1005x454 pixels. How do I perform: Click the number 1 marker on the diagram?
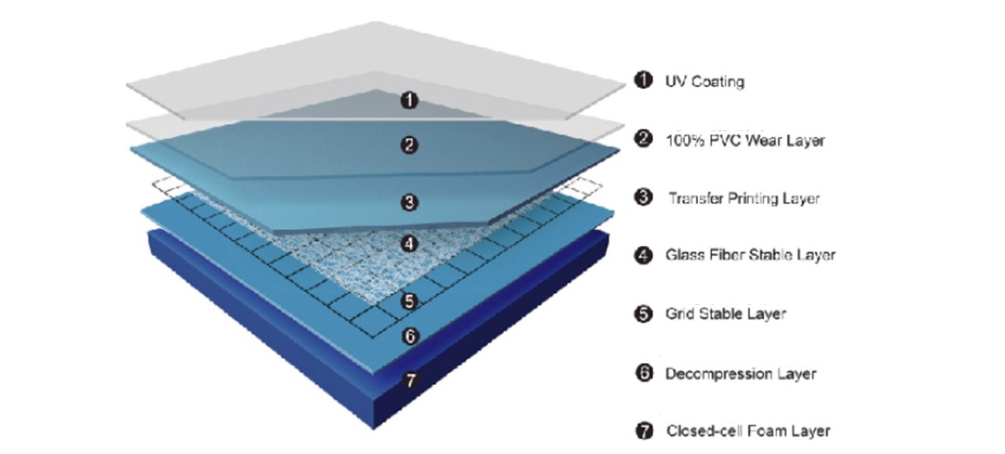point(409,100)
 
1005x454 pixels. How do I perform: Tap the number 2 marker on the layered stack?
point(409,145)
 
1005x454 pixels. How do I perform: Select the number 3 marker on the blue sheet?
point(409,203)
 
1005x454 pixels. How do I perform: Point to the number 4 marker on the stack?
point(409,244)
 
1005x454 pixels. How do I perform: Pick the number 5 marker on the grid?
point(408,301)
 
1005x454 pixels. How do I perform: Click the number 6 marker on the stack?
point(409,336)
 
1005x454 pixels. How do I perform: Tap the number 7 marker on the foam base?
point(409,381)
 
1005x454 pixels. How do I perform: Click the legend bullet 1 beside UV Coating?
point(644,80)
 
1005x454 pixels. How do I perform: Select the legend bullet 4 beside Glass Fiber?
point(644,254)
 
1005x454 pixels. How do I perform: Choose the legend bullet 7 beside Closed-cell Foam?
point(644,430)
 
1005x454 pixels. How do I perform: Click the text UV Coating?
point(704,81)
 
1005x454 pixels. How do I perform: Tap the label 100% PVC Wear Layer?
point(745,141)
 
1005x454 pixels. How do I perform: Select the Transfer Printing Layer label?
point(744,198)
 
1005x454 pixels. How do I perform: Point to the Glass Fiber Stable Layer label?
point(751,254)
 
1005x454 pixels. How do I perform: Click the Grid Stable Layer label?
point(725,313)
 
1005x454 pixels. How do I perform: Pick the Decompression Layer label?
point(740,374)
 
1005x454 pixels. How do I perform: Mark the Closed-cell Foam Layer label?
point(747,430)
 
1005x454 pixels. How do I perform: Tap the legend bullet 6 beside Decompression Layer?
point(644,373)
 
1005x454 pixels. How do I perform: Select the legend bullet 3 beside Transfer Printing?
point(644,198)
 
